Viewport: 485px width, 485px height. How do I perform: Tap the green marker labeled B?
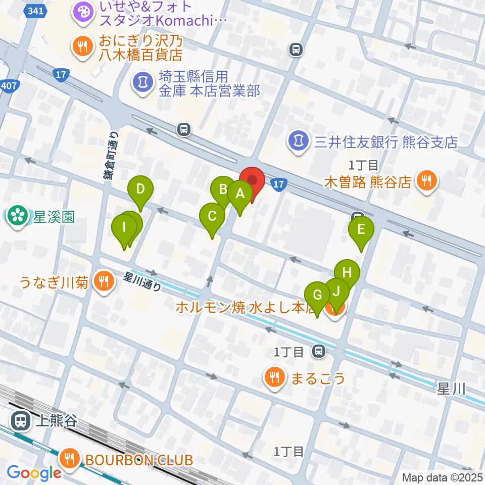[x=222, y=189]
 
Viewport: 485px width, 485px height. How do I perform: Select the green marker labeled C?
[x=212, y=216]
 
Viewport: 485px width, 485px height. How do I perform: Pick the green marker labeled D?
[x=140, y=189]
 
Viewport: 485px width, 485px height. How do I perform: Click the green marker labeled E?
[x=361, y=229]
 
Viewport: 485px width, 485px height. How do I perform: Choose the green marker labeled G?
[x=317, y=295]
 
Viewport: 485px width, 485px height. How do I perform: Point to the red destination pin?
[x=252, y=180]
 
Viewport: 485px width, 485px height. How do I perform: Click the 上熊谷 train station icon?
[x=21, y=420]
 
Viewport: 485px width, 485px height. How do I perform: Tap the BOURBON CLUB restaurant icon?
[x=68, y=460]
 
